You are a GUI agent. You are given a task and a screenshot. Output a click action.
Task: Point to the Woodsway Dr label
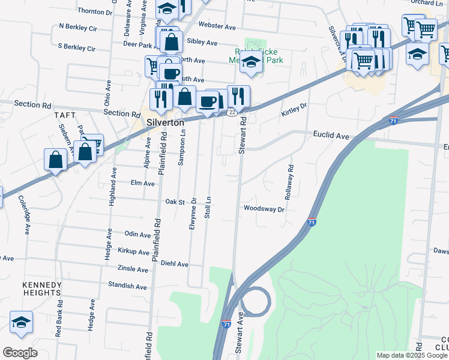pyautogui.click(x=264, y=208)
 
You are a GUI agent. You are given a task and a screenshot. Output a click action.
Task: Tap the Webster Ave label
pyautogui.click(x=217, y=26)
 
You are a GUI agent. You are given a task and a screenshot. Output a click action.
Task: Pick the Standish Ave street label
pyautogui.click(x=128, y=286)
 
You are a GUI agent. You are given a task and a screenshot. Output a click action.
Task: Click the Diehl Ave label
pyautogui.click(x=175, y=263)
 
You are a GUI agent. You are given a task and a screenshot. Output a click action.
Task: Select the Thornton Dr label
pyautogui.click(x=95, y=11)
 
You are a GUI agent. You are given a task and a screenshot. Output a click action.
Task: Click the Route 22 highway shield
pyautogui.click(x=232, y=112)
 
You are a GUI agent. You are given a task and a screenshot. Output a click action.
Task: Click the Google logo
pyautogui.click(x=20, y=352)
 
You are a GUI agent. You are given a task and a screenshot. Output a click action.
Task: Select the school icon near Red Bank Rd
pyautogui.click(x=21, y=322)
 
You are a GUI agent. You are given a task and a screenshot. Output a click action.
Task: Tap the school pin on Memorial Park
pyautogui.click(x=252, y=62)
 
